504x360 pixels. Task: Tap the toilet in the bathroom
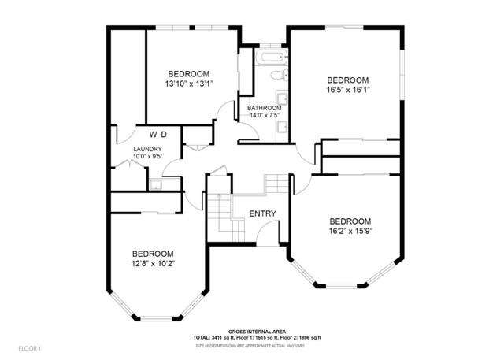click(x=275, y=76)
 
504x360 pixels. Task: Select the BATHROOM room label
click(x=264, y=108)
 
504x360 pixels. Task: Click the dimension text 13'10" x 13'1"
click(x=189, y=84)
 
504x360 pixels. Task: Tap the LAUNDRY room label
click(x=147, y=149)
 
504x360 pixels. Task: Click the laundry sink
click(x=156, y=184)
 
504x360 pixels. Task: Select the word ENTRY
click(x=261, y=214)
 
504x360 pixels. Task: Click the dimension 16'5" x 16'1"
click(x=348, y=90)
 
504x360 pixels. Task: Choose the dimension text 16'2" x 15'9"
click(x=350, y=231)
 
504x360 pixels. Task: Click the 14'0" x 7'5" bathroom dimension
click(x=264, y=116)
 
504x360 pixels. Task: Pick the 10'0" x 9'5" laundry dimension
click(x=147, y=156)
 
